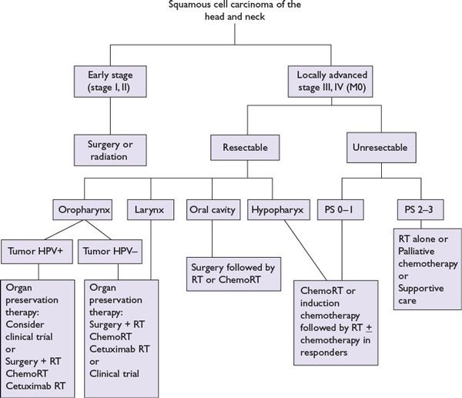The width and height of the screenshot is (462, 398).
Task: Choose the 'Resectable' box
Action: (x=246, y=146)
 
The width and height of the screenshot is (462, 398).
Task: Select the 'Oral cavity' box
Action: (x=212, y=209)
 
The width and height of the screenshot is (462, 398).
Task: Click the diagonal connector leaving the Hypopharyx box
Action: (x=300, y=246)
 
